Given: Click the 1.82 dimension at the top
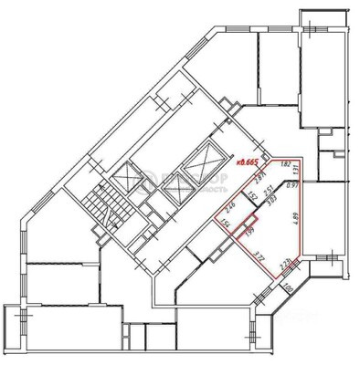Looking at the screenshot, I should [285, 164].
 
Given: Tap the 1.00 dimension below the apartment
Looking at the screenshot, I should [288, 288].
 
